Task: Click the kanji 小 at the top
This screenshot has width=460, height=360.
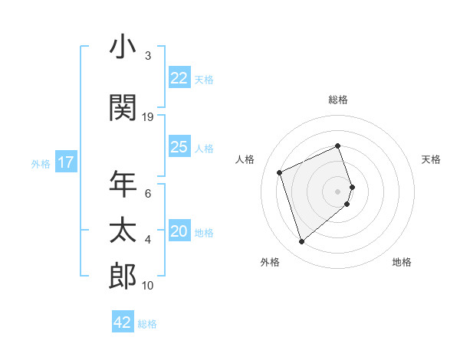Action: point(122,47)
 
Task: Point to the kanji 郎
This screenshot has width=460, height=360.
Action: point(122,277)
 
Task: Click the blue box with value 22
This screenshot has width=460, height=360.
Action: point(179,78)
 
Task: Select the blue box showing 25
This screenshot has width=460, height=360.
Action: point(179,147)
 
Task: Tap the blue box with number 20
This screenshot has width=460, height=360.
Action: point(179,232)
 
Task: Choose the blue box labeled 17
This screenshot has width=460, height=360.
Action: point(66,162)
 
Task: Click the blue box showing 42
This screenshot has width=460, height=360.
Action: point(123,322)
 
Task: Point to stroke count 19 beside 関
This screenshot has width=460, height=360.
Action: point(148,116)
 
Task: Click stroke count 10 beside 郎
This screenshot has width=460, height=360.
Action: point(148,286)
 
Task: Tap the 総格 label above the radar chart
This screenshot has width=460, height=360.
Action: point(338,100)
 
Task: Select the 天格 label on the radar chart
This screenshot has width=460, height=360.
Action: point(432,159)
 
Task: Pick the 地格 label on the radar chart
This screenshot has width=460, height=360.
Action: point(402,262)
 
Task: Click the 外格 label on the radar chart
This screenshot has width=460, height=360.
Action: point(270,262)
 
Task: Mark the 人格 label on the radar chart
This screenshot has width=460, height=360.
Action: point(245,159)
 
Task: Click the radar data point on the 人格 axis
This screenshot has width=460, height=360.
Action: point(281,172)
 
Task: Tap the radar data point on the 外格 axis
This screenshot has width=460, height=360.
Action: point(301,242)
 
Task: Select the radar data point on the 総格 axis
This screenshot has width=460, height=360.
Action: point(338,146)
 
